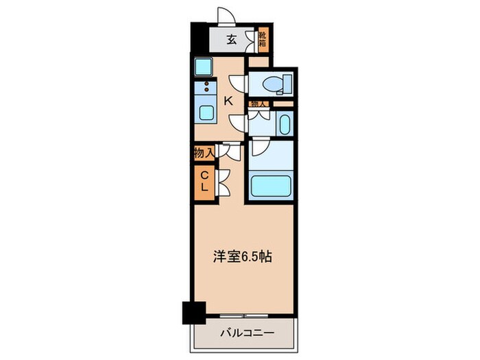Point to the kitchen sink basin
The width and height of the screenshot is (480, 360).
(205, 112)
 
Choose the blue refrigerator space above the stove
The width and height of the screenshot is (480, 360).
(204, 67)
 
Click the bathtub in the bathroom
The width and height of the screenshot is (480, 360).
(272, 187)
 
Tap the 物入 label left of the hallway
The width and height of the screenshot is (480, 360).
(204, 153)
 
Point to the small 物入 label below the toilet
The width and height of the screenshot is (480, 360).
(259, 104)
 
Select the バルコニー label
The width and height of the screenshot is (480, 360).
(247, 333)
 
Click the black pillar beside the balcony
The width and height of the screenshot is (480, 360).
(194, 313)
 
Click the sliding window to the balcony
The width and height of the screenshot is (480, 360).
(245, 316)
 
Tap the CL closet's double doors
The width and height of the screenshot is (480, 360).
(223, 182)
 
